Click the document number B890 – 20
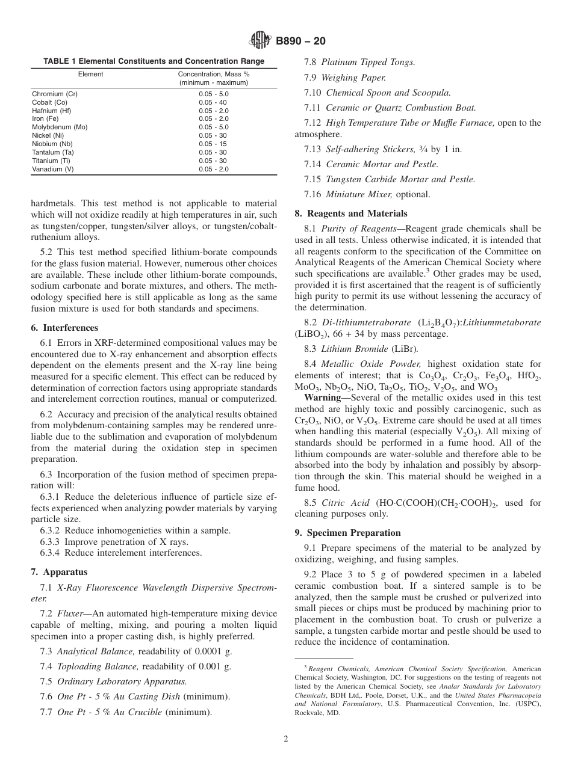[300, 41]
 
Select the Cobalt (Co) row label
[50, 102]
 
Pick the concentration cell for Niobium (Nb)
[214, 144]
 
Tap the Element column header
[90, 75]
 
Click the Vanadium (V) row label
[52, 169]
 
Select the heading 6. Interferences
[64, 328]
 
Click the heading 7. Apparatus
[58, 572]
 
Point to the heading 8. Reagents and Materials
[350, 214]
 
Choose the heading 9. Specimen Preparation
[347, 533]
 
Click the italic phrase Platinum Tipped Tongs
[368, 62]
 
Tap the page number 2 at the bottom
[286, 739]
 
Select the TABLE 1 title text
[154, 61]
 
